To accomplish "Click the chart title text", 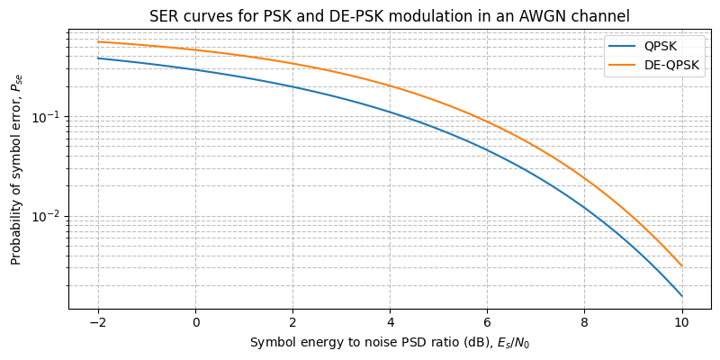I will pos(390,15).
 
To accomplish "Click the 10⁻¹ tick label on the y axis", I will pos(50,117).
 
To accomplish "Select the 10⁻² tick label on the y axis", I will pos(50,216).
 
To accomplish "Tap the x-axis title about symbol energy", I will pos(390,342).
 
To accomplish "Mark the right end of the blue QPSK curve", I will pos(682,296).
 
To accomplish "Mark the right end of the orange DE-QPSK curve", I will pos(682,265).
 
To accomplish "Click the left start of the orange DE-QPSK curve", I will pos(98,41).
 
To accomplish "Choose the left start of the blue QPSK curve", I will pos(98,58).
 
